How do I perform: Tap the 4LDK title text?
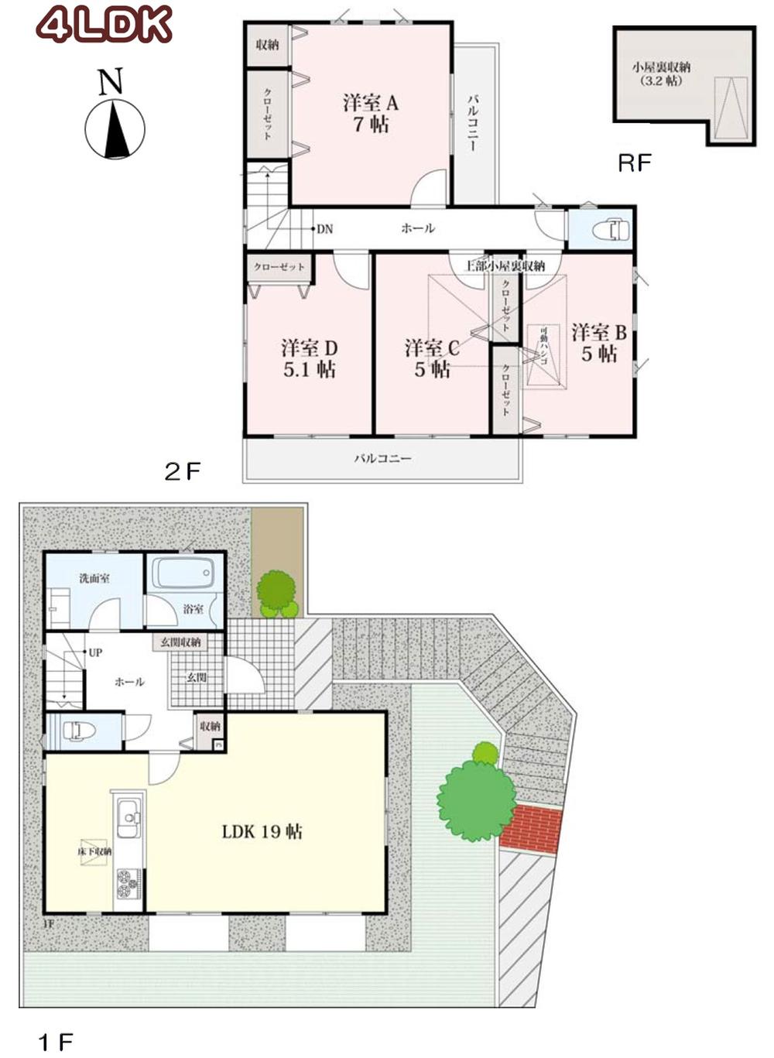pos(104,26)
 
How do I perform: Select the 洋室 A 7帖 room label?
pos(370,113)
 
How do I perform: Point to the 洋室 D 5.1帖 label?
pos(309,358)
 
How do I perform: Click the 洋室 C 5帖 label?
pos(432,358)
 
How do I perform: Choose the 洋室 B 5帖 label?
pos(598,343)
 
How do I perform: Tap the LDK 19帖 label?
pos(262,832)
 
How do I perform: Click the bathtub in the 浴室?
pos(183,574)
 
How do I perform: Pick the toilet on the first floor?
pos(77,731)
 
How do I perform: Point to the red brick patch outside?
pos(531,828)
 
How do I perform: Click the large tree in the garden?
pos(475,799)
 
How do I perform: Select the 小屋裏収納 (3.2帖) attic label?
pos(660,74)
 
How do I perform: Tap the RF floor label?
pos(634,163)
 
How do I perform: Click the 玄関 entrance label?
pos(197,678)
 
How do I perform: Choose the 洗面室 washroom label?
pos(94,578)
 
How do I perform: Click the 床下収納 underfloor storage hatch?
pos(94,851)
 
